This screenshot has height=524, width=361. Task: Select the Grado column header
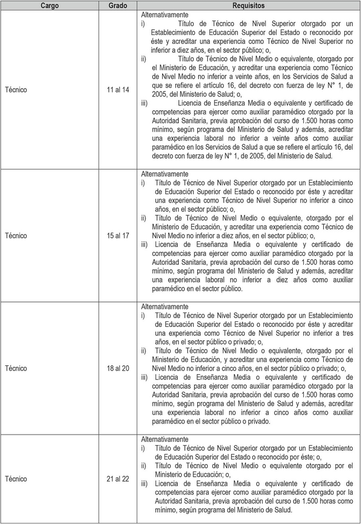coord(118,6)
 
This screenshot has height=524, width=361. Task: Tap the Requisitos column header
coord(248,6)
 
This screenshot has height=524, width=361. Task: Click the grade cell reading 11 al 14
coord(118,89)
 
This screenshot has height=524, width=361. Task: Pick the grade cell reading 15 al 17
coord(118,236)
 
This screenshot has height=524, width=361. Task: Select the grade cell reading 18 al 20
coord(118,368)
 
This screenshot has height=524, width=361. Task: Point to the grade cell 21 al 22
coord(118,478)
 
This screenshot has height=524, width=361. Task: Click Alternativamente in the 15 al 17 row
coord(164,174)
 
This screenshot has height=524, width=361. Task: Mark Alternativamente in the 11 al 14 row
coord(164,14)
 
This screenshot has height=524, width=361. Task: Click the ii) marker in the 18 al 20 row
coord(144,350)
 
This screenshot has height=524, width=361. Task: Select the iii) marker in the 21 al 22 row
coord(144,483)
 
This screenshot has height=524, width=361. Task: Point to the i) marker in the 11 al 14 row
coord(143,23)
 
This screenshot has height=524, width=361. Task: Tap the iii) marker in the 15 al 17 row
coord(144,244)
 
